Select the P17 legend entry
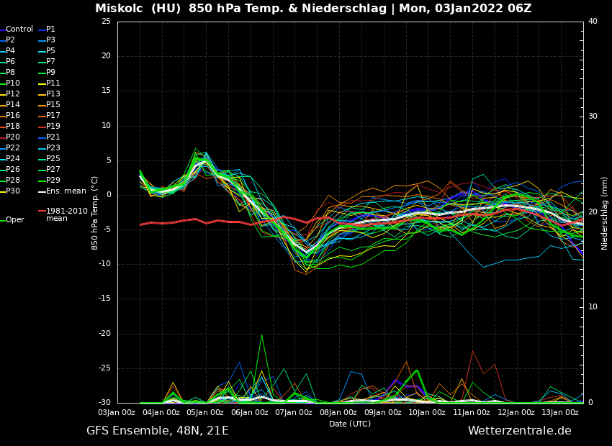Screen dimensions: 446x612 53,116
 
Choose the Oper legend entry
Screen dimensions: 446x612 15,220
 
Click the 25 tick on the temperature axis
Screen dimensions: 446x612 106,22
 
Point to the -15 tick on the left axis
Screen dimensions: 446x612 104,299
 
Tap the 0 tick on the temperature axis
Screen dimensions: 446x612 108,195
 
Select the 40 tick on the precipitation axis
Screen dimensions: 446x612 593,22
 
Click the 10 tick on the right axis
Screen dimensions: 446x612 593,307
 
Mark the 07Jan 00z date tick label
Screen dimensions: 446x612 294,413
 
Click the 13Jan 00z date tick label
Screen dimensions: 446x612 560,413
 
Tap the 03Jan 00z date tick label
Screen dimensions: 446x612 117,413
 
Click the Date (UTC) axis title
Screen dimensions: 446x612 350,424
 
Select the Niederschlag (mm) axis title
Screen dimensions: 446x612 605,213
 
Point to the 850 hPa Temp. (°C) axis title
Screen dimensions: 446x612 95,213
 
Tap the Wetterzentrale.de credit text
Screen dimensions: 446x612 519,431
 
